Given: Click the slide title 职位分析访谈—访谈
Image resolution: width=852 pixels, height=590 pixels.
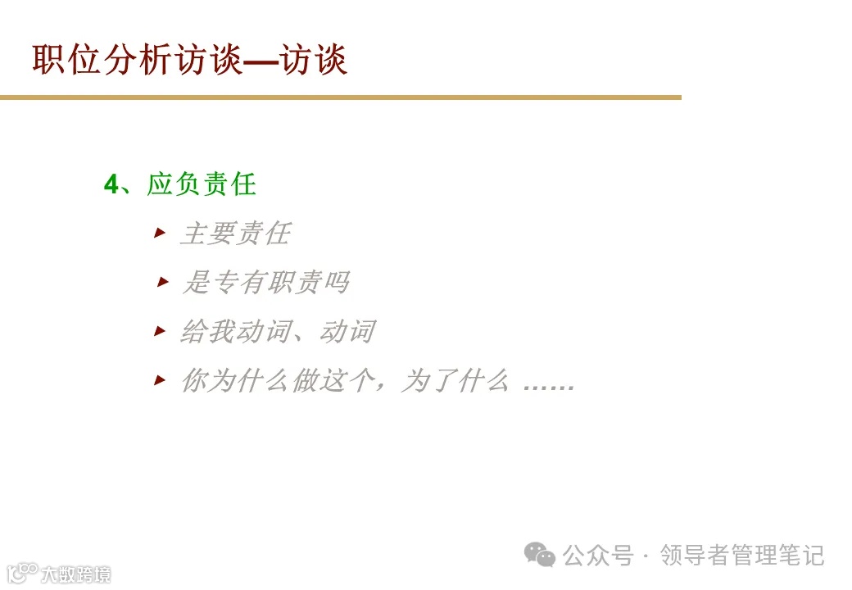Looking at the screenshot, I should coord(190,61).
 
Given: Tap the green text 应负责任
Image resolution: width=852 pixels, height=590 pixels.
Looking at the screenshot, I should coord(202,185).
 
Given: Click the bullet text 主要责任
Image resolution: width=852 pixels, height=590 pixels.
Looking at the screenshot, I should coord(234,234).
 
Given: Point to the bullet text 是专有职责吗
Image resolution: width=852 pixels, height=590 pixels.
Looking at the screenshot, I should coord(265,284).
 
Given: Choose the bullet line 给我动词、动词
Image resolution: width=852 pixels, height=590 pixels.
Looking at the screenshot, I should coord(277,332).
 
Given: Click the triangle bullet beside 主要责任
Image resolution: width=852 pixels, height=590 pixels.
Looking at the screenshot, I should coord(160,234).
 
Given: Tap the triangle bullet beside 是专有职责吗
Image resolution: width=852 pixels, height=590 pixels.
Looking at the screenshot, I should coord(162,283).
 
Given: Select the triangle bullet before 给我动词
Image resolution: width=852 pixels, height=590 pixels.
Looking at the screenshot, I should coord(160,331).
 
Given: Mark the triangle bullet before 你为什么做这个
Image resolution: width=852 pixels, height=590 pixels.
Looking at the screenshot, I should coord(160,380).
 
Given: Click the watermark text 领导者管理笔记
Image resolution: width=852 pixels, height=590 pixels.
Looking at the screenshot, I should coord(742,556).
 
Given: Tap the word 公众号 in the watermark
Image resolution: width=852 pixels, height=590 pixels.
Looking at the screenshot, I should coord(598,556).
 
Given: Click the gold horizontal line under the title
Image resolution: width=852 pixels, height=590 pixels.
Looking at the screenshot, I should coord(340,98).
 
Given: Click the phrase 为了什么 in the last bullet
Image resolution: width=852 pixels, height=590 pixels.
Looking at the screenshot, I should coord(454,381).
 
